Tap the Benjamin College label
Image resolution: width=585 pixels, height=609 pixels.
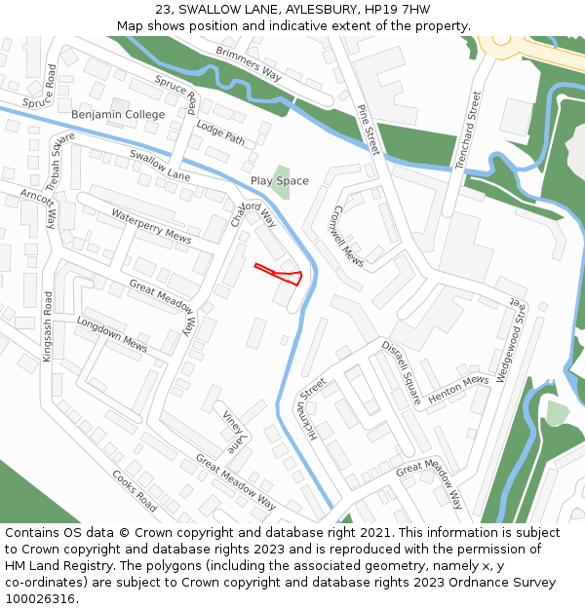coord(118,115)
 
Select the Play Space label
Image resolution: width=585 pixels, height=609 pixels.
coord(279,181)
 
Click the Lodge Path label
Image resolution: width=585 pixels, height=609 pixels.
coord(220,133)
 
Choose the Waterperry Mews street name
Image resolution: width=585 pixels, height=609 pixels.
coord(150,225)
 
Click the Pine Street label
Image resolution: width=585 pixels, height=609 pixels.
coord(368,130)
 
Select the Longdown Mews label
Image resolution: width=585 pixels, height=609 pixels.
coord(111,334)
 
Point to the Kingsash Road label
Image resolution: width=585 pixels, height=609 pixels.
coord(48,327)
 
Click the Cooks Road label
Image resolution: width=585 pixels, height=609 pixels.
coord(134,491)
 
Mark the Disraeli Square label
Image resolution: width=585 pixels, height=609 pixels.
coord(400,373)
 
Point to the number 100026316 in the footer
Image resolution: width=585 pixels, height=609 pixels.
coord(39,598)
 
